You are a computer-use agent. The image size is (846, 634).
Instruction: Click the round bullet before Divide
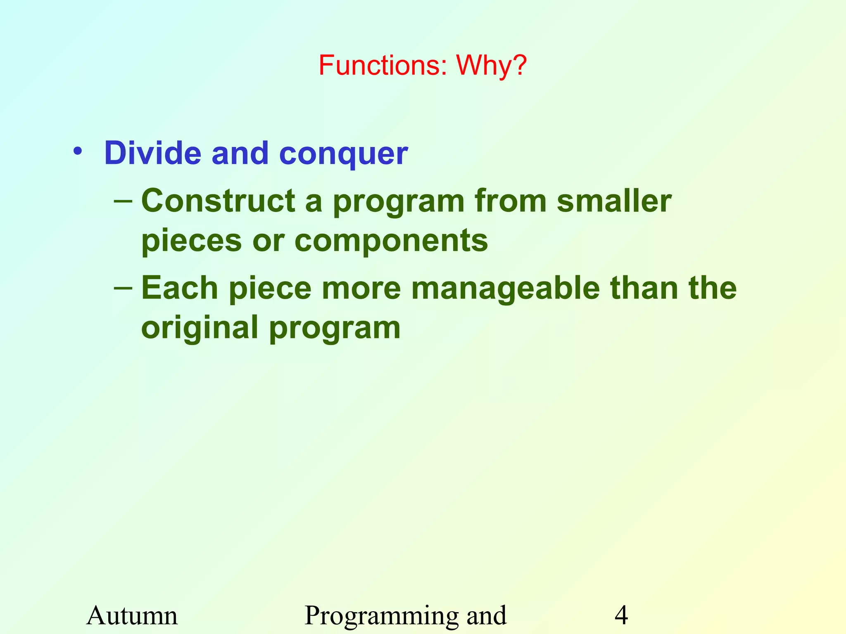[77, 152]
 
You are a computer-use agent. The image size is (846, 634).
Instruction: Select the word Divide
[152, 153]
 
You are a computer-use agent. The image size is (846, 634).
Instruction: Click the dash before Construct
[123, 201]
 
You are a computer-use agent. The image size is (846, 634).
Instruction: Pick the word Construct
[218, 201]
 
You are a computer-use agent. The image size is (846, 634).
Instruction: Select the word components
[391, 242]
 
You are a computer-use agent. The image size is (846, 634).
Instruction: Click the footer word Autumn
[132, 616]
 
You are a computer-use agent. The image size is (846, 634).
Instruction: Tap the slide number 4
[621, 616]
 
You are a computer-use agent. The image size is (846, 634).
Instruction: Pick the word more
[361, 289]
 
